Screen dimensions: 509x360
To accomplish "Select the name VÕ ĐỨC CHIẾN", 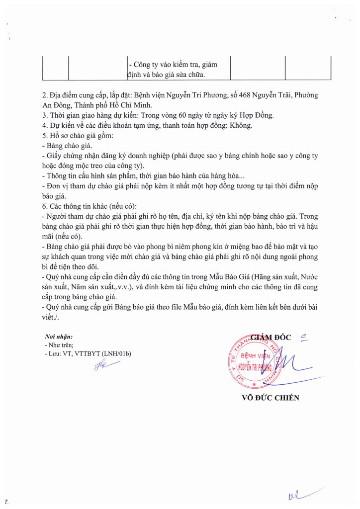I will tap(270, 397).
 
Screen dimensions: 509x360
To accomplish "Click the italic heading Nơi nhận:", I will tap(59, 337).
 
